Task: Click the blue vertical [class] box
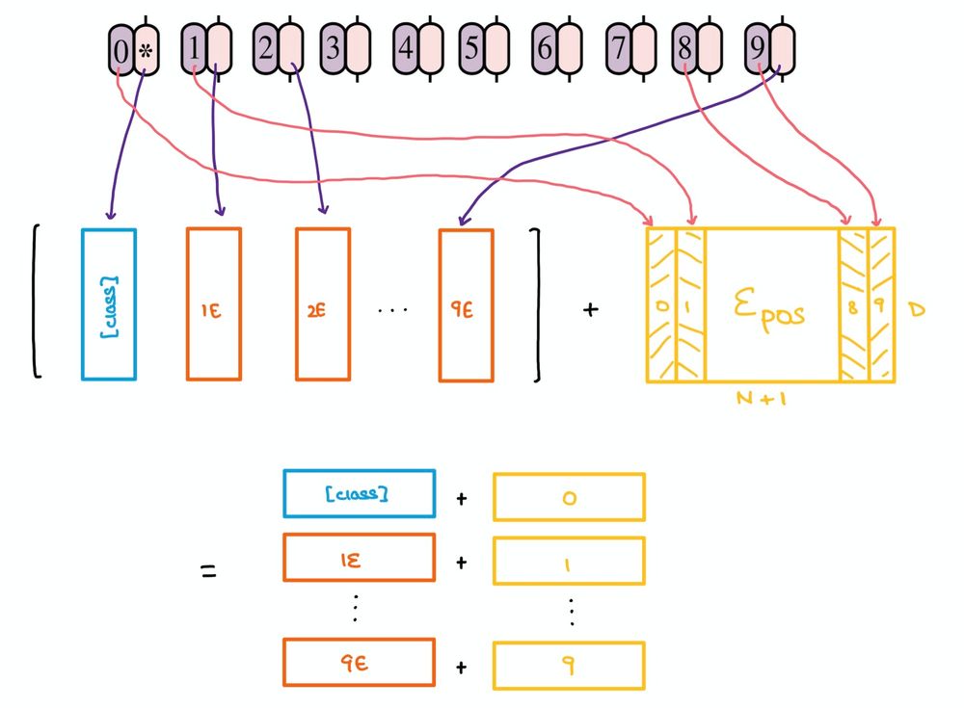[x=109, y=303]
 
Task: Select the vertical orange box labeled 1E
[x=214, y=303]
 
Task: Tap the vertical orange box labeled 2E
[x=323, y=303]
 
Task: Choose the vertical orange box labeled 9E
[x=466, y=303]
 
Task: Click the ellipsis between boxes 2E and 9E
[x=393, y=310]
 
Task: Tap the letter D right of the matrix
[x=916, y=311]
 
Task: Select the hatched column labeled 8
[x=853, y=303]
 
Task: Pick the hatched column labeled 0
[x=661, y=303]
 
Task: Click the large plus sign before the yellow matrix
[x=590, y=310]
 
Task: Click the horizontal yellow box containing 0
[x=569, y=497]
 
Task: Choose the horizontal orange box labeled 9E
[x=359, y=662]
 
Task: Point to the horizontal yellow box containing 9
[x=569, y=665]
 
